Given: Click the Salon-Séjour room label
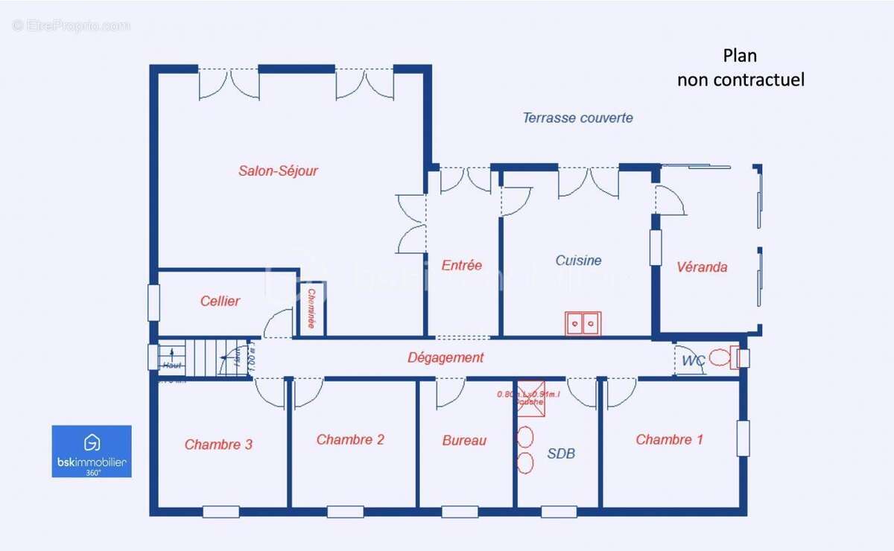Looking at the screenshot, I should [278, 171].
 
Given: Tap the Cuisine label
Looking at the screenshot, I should [578, 261].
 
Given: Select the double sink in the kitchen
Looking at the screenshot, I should [583, 324].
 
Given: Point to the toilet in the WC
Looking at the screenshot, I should [720, 358].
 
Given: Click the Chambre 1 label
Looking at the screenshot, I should [669, 440].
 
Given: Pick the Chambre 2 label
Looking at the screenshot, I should [350, 440].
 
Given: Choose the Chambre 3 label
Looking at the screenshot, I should [218, 445].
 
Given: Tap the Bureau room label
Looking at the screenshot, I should [464, 441].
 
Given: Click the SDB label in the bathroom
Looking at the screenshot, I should [561, 453].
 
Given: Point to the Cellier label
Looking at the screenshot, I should [220, 301].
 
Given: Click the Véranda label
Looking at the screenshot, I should [702, 267].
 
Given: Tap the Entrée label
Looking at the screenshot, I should [461, 265].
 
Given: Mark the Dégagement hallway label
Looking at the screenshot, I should [446, 357].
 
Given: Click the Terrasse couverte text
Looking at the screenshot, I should [577, 118].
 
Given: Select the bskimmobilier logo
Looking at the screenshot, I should [92, 451].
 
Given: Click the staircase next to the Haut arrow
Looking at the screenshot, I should [203, 357].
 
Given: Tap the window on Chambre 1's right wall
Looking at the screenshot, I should [742, 439].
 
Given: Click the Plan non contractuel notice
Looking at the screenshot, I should [740, 68].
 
